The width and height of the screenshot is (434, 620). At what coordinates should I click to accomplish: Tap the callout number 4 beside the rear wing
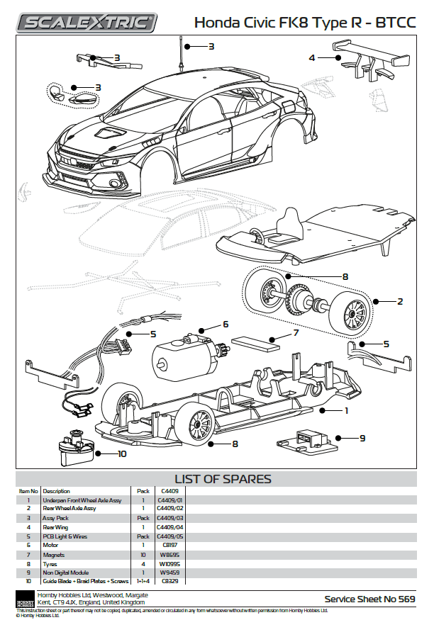coord(312,57)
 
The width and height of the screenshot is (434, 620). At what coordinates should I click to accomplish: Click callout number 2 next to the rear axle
coord(400,301)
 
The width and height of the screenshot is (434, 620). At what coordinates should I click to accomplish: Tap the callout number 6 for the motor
coord(225,324)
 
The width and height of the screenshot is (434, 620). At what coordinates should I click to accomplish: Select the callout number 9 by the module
coord(362,438)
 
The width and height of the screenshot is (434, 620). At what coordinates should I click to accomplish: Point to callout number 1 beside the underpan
coord(346,410)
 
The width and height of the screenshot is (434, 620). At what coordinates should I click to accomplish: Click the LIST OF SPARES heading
coord(223,478)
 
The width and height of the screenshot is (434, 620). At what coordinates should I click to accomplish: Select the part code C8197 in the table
coord(169,546)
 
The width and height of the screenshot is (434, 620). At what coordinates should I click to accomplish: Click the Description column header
coord(57,490)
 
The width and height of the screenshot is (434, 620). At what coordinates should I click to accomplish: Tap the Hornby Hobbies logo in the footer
coord(26,599)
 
